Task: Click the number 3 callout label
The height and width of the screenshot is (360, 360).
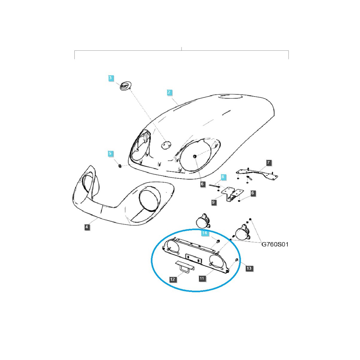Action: [x=110, y=78]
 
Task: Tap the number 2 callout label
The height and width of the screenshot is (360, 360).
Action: [x=169, y=92]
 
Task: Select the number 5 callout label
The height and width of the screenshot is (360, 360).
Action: [x=110, y=154]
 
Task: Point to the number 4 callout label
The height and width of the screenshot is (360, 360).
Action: [x=87, y=227]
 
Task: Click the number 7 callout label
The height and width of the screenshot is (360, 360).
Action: [x=268, y=163]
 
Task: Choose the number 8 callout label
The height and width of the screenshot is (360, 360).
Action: [x=223, y=177]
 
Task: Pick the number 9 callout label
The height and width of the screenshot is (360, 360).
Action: [x=213, y=202]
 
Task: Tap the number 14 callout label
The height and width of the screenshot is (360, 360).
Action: [x=204, y=233]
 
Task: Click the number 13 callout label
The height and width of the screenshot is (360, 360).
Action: [x=249, y=268]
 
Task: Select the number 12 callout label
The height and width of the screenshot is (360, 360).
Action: [x=172, y=279]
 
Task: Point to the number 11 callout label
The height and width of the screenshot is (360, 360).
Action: [x=202, y=278]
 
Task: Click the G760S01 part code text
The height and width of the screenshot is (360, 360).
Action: [x=275, y=244]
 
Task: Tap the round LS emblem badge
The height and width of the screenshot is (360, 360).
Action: [x=124, y=86]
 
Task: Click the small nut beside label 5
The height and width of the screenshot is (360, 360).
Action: [x=120, y=166]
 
